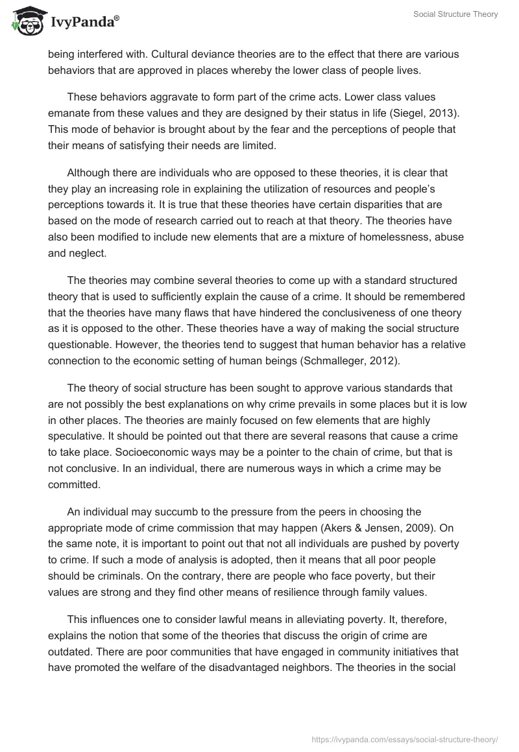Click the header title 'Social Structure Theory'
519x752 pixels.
[455, 14]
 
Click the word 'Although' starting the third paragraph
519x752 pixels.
[89, 173]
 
